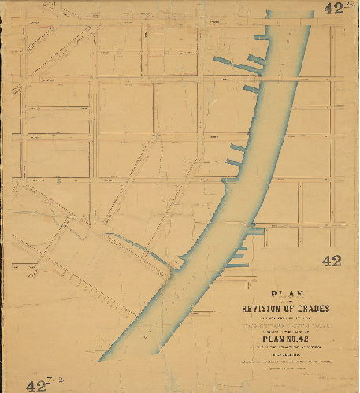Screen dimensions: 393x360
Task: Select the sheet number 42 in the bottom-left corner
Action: coord(38,384)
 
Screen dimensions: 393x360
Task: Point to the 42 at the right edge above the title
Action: coord(331,260)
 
